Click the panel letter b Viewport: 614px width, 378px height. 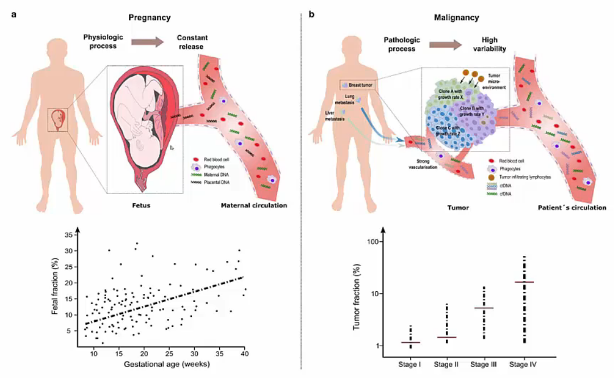pos(311,14)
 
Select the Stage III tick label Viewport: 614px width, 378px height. pos(484,363)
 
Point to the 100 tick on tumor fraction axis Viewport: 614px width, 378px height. pos(373,242)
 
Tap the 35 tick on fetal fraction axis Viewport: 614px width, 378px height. pos(68,234)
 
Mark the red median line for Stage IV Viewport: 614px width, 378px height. pos(524,282)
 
